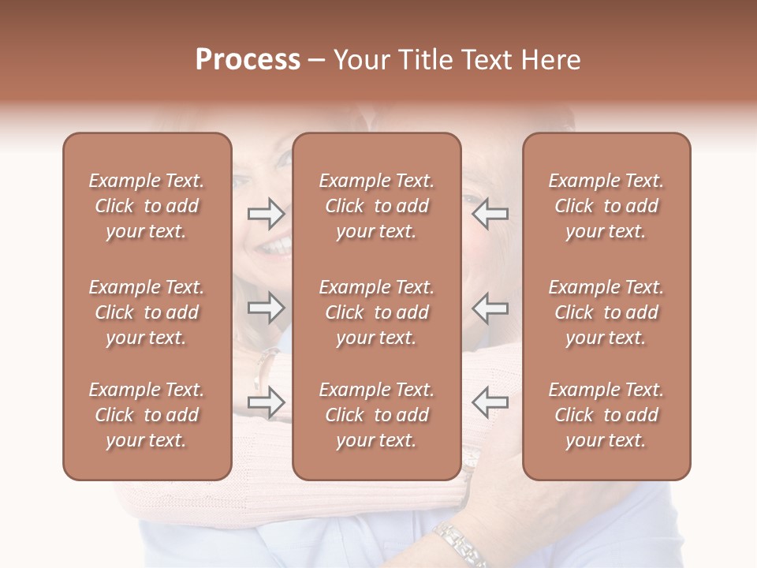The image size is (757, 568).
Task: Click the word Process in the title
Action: click(248, 60)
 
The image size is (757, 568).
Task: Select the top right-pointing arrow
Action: click(267, 213)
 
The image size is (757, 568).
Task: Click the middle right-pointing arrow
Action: click(267, 308)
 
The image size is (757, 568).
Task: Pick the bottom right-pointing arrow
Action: click(267, 402)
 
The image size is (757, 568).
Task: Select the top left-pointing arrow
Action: click(490, 213)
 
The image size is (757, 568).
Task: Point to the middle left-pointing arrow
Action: click(490, 308)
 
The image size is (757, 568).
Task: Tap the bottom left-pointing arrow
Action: click(490, 402)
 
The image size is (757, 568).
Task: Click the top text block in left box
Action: click(147, 206)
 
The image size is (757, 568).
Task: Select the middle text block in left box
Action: click(147, 312)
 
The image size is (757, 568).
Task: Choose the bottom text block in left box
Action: click(147, 415)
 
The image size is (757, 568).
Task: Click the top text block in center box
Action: click(377, 206)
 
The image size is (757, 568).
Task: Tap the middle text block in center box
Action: click(377, 312)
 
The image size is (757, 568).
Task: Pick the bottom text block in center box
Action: click(377, 415)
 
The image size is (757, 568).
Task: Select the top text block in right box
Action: click(606, 206)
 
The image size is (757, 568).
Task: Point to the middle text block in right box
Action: click(606, 312)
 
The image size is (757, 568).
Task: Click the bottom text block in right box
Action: click(606, 415)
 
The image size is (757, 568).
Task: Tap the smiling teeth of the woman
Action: click(274, 247)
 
